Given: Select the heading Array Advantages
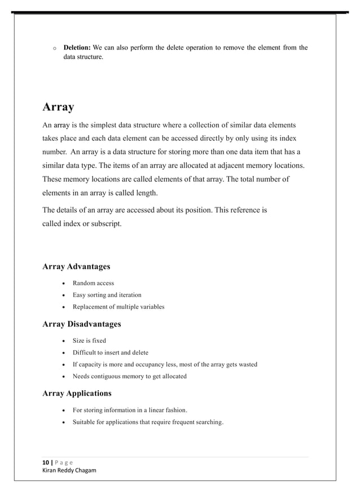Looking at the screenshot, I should click(76, 266).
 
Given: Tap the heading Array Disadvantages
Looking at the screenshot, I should click(81, 324).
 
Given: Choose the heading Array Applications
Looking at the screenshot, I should click(77, 393).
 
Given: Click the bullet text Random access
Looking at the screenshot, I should click(93, 283).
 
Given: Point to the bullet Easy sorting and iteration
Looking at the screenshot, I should click(107, 295).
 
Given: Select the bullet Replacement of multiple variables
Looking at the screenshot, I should click(118, 307).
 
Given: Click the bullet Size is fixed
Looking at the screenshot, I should click(89, 341).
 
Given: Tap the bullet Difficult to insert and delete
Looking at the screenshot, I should click(111, 352).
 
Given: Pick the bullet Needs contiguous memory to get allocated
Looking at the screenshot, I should click(129, 376).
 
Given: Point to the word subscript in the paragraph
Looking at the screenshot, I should click(105, 223).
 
